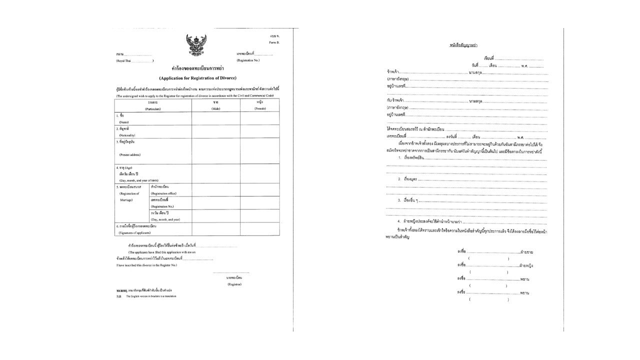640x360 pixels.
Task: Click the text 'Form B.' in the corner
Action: [x=274, y=42]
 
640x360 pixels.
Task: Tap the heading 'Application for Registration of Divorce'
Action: [x=197, y=78]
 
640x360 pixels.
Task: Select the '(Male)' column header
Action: [x=215, y=108]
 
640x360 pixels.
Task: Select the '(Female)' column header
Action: [x=259, y=108]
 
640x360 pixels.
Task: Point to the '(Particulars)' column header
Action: [x=152, y=108]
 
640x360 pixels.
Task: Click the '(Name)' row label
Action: [x=124, y=122]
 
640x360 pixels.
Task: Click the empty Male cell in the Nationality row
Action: [x=215, y=131]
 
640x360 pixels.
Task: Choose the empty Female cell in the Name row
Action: [x=259, y=118]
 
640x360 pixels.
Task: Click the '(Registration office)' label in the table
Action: [x=165, y=193]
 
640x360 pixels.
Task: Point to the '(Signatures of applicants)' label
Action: [x=134, y=232]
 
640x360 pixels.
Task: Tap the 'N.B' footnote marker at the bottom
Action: [x=119, y=296]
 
